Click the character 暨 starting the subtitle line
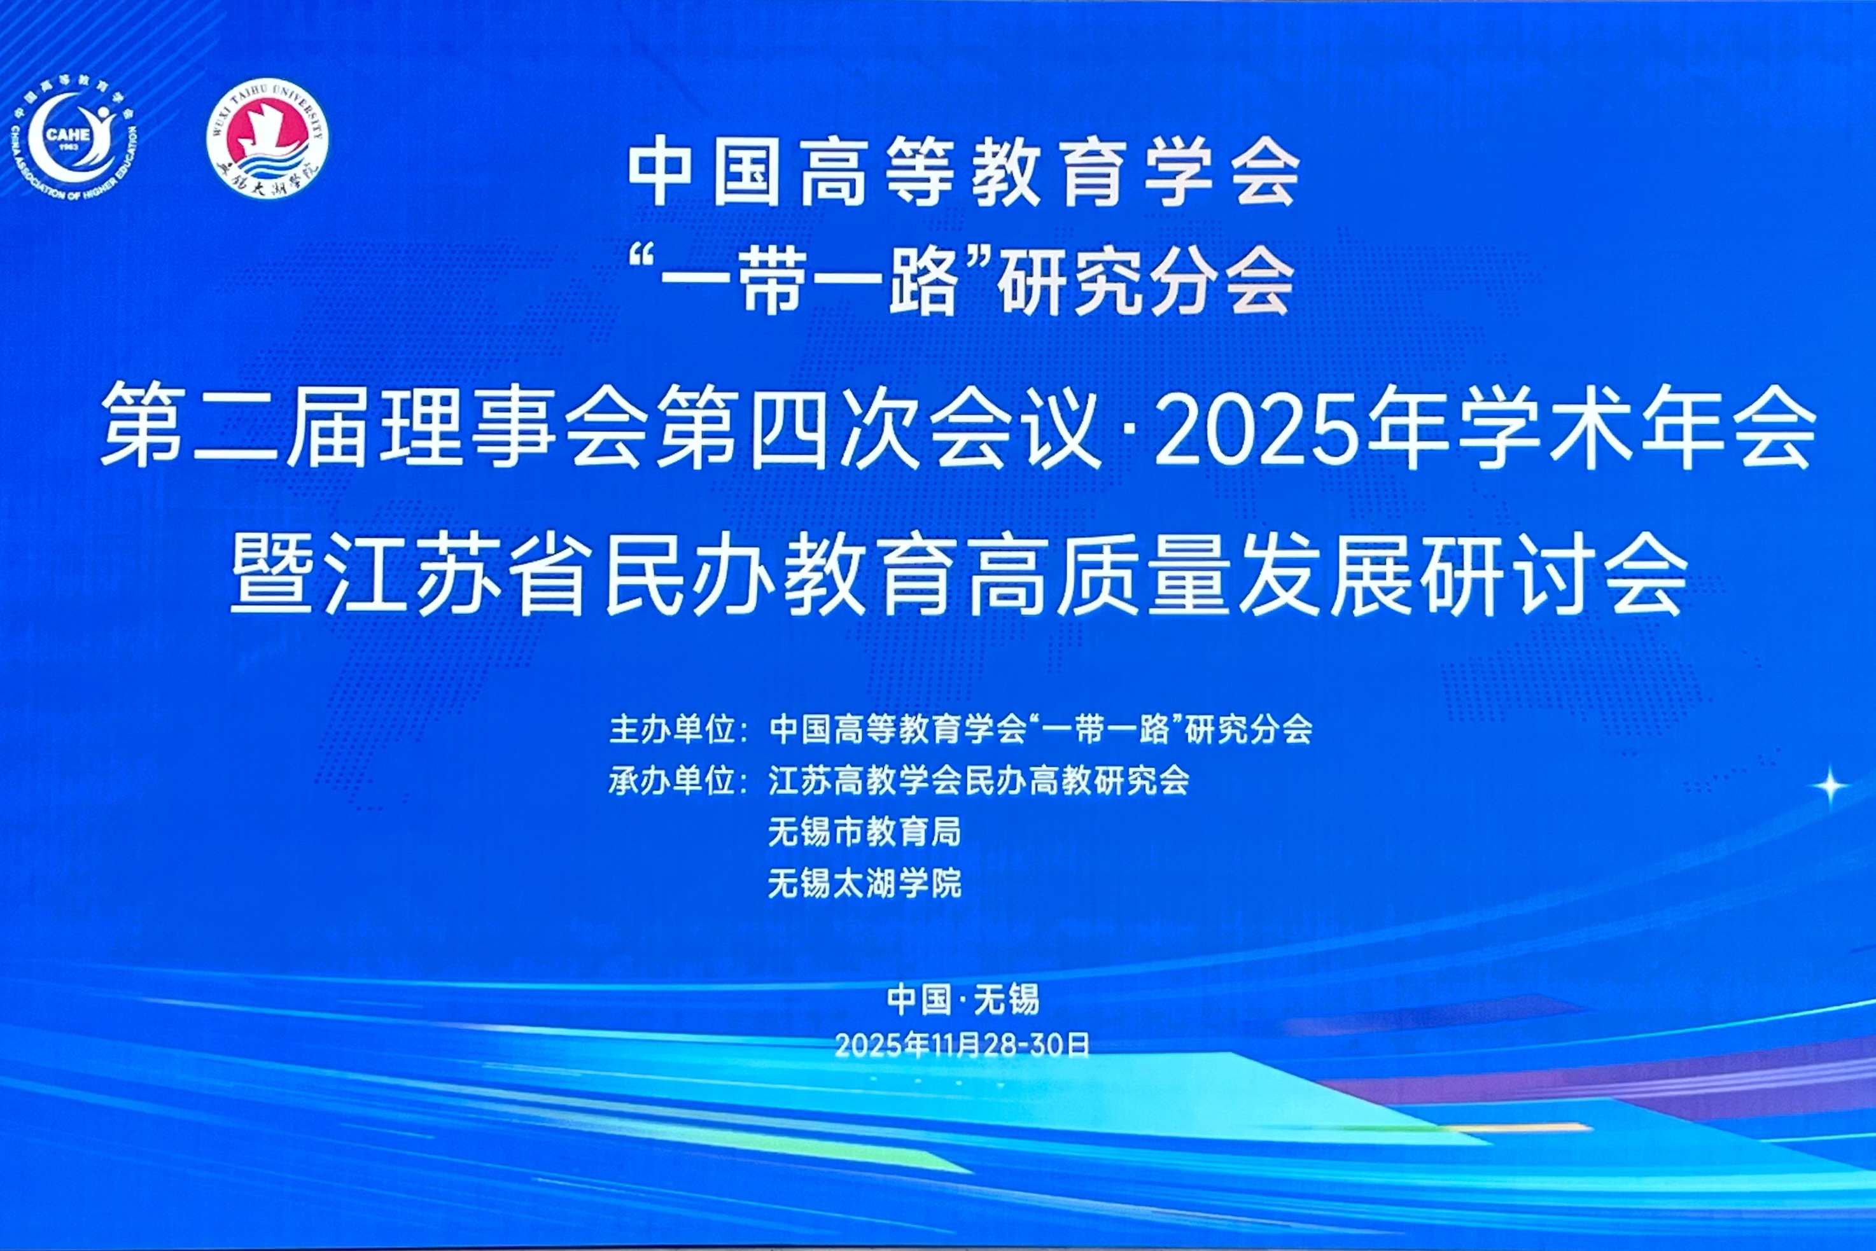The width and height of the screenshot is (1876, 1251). [x=271, y=573]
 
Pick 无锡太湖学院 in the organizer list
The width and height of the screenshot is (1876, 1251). [x=865, y=883]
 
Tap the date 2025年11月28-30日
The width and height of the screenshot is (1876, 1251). [x=963, y=1045]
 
